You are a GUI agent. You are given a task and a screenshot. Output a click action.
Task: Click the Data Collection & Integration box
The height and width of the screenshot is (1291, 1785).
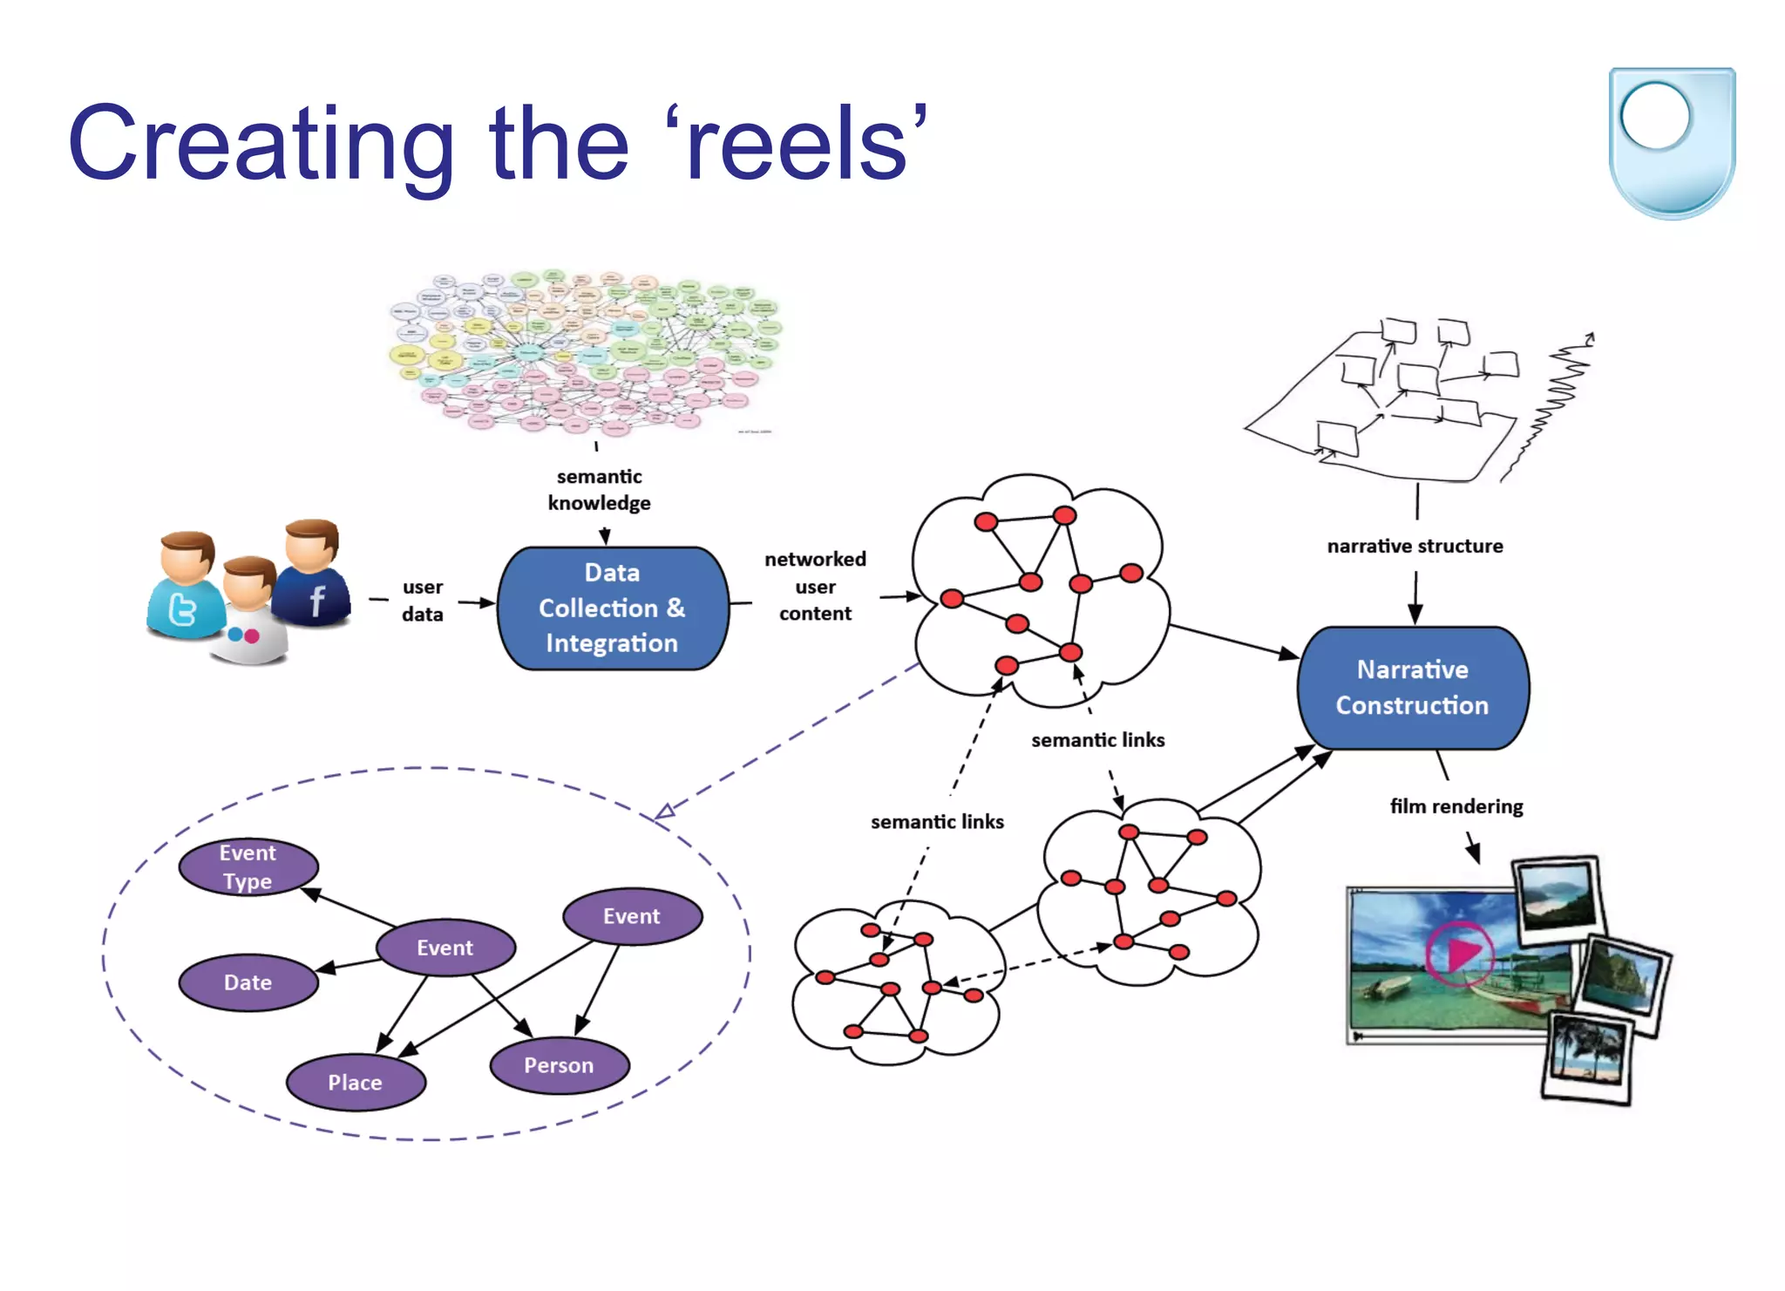[612, 608]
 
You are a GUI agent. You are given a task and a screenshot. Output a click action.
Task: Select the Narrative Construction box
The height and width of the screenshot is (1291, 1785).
[1412, 687]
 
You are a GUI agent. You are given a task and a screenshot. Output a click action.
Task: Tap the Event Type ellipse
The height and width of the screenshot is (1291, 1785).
[248, 866]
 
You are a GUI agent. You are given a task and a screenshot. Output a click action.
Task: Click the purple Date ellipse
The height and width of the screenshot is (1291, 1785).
[248, 982]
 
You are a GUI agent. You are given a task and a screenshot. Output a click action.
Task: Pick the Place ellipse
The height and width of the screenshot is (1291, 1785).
[355, 1082]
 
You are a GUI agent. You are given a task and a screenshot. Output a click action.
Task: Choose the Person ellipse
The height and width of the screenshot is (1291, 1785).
[559, 1064]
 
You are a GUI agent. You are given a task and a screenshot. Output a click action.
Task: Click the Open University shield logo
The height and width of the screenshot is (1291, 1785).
[1671, 141]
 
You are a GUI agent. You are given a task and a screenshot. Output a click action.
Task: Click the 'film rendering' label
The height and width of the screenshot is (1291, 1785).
[1456, 806]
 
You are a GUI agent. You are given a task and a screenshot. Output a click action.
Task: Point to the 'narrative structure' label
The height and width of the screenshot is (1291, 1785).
[1415, 546]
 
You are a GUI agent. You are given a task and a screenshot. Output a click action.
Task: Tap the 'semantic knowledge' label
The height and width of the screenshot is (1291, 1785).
[599, 489]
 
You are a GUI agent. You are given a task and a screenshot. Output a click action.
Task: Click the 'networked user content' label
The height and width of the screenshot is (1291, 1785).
[815, 586]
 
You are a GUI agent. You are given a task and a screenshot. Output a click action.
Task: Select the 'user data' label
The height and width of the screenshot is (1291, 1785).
[423, 600]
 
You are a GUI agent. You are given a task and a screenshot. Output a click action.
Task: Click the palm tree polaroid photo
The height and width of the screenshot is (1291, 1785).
[1586, 1058]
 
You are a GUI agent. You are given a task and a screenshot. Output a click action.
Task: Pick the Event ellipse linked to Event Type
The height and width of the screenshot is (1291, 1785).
[445, 947]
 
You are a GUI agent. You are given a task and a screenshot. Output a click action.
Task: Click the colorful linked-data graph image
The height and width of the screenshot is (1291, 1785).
[584, 351]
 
